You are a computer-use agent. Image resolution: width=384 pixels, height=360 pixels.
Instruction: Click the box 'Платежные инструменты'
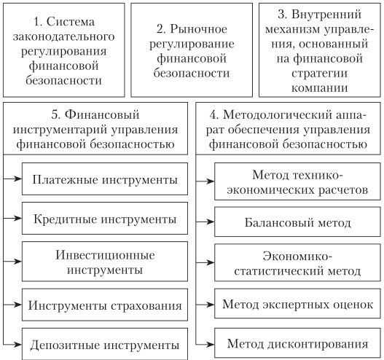[x=105, y=179]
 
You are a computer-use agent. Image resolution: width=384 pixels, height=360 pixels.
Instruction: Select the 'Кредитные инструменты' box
[x=105, y=218]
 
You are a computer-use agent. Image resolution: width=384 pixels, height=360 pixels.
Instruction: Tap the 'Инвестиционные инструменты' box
[x=105, y=262]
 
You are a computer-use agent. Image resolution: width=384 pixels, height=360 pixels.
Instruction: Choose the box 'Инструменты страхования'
[x=105, y=305]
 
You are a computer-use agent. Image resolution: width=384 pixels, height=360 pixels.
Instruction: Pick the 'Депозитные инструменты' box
[x=105, y=344]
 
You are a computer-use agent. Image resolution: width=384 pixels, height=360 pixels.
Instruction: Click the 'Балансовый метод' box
[x=297, y=222]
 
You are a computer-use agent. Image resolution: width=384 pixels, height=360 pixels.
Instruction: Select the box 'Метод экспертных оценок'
[x=297, y=304]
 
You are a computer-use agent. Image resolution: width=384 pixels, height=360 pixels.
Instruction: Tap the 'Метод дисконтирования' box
[x=297, y=343]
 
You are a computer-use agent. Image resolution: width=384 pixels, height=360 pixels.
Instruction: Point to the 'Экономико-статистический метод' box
[x=297, y=262]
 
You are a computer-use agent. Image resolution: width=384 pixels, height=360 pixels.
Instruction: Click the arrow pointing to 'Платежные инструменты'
[x=12, y=179]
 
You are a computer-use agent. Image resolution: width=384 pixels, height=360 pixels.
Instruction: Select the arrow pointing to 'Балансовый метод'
[x=205, y=222]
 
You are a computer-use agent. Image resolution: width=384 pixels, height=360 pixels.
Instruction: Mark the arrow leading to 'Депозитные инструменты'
[x=12, y=345]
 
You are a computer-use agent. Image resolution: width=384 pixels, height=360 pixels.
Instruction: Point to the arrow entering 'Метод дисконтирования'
[x=205, y=345]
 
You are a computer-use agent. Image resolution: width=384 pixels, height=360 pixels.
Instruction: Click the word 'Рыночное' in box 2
[x=199, y=29]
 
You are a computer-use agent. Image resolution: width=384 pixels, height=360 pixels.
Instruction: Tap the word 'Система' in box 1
[x=70, y=22]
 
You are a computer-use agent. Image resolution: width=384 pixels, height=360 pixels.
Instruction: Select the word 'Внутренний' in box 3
[x=326, y=15]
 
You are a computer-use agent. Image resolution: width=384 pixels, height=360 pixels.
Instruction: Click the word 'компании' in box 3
[x=320, y=88]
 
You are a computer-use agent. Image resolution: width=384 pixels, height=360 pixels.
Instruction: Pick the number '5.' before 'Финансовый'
[x=56, y=115]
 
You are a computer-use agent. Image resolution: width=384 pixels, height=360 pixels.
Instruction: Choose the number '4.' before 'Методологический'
[x=214, y=115]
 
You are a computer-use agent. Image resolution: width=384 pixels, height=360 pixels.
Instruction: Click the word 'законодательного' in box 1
[x=63, y=36]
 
